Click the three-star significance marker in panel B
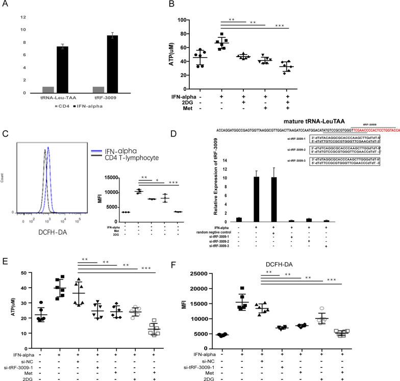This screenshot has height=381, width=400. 279,26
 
